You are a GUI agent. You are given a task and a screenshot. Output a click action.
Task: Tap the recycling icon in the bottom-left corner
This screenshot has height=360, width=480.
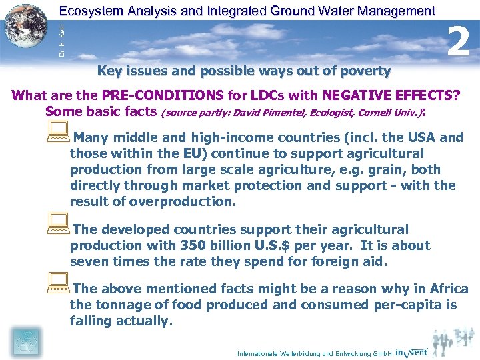25,342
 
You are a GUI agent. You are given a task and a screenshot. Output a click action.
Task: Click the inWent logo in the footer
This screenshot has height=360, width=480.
412,351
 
